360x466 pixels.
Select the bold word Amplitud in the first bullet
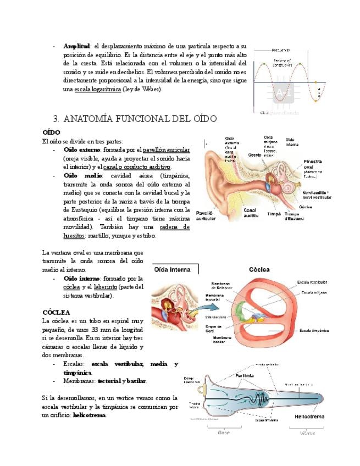(x=77, y=46)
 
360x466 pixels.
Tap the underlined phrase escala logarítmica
(x=97, y=89)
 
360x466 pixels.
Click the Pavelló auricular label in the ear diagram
(x=206, y=216)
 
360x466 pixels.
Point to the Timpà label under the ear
(x=273, y=214)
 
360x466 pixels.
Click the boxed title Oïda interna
(x=173, y=270)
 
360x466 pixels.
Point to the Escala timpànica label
(x=314, y=330)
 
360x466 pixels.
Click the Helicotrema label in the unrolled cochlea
(x=309, y=417)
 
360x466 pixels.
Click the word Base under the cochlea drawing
(x=224, y=433)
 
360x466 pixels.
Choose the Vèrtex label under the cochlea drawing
(x=307, y=433)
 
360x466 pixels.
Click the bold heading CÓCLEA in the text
(x=56, y=312)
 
